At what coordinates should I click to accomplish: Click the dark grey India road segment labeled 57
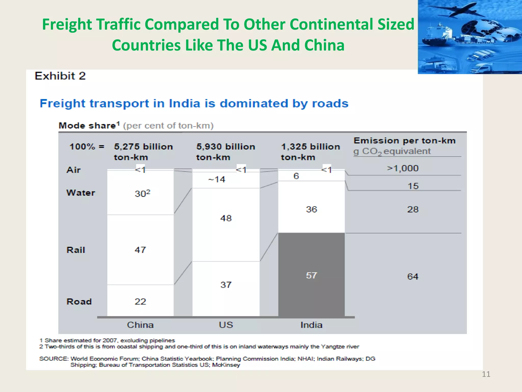[x=311, y=275]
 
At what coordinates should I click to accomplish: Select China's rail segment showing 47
[x=140, y=250]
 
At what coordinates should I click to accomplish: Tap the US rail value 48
[x=226, y=218]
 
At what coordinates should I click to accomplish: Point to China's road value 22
[x=140, y=301]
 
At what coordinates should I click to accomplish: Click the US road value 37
[x=226, y=285]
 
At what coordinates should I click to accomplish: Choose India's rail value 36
[x=311, y=209]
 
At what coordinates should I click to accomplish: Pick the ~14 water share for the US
[x=217, y=179]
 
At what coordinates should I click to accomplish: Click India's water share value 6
[x=296, y=176]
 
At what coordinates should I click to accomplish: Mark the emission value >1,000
[x=402, y=168]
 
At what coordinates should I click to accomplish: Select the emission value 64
[x=413, y=276]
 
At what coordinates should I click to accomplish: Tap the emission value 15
[x=413, y=186]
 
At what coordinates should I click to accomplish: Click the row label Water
[x=81, y=193]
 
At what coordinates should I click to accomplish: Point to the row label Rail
[x=76, y=250]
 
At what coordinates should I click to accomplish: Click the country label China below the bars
[x=140, y=325]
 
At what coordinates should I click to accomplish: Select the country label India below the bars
[x=311, y=325]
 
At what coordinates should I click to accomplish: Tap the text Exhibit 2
[x=60, y=76]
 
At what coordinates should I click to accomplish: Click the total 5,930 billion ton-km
[x=225, y=152]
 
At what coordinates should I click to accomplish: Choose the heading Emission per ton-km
[x=404, y=141]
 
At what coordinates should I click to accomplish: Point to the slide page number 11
[x=486, y=374]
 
